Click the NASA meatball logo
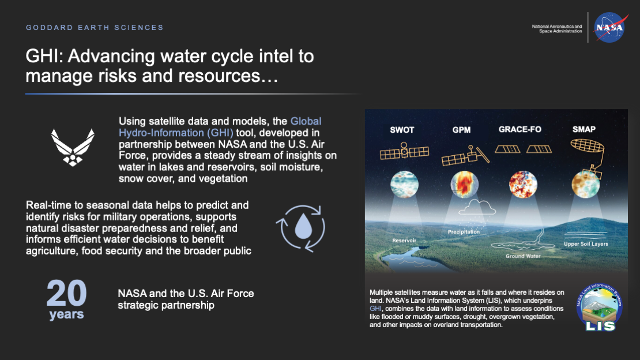pos(610,27)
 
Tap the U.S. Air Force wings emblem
pos(73,147)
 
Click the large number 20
pos(66,294)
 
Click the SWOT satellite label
pos(402,130)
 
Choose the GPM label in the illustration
pos(461,130)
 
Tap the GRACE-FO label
pos(519,129)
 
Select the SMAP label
pos(584,129)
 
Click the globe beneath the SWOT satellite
pos(404,184)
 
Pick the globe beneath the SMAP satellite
pos(585,184)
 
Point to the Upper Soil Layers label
pos(586,244)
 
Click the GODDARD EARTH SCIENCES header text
pos(95,27)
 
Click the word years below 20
pos(66,314)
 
